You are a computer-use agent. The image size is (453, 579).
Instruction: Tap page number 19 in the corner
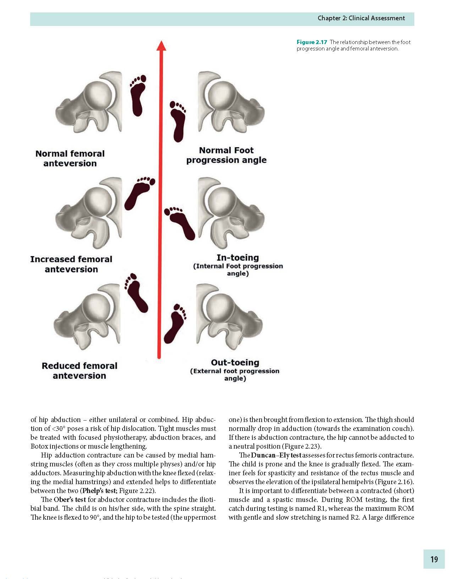point(434,559)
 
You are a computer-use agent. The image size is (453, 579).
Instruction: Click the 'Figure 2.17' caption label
point(312,42)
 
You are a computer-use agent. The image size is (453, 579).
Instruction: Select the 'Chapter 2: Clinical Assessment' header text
point(361,18)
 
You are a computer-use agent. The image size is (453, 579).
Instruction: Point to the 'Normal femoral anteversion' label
point(70,158)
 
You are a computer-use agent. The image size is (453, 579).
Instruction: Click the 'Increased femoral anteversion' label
point(71,264)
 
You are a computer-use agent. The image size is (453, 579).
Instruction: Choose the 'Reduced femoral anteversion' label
point(79,370)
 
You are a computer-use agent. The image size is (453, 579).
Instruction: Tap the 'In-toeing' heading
point(238,258)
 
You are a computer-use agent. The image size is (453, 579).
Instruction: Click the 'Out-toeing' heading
point(235,363)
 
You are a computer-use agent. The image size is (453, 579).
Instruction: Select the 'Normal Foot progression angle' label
point(226,155)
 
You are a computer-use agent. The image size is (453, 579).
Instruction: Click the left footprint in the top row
point(138,94)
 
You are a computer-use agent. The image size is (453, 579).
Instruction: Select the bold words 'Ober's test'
point(70,499)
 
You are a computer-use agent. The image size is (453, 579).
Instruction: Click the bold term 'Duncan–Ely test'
point(276,455)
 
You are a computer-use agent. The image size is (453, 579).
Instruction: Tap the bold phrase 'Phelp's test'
point(99,491)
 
